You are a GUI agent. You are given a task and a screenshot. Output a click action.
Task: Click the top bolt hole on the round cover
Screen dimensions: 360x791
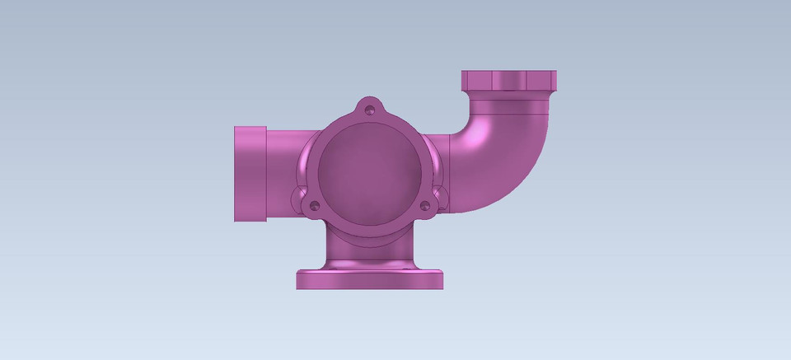pos(370,107)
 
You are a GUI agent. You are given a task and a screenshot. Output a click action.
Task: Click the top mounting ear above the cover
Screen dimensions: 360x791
pos(370,105)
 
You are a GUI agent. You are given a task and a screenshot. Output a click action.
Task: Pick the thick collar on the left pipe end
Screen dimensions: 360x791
pos(250,174)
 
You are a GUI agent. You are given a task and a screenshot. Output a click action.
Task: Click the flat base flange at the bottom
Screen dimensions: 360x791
pos(370,278)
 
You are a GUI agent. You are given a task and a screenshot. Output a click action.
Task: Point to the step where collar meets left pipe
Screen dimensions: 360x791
pos(266,174)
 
